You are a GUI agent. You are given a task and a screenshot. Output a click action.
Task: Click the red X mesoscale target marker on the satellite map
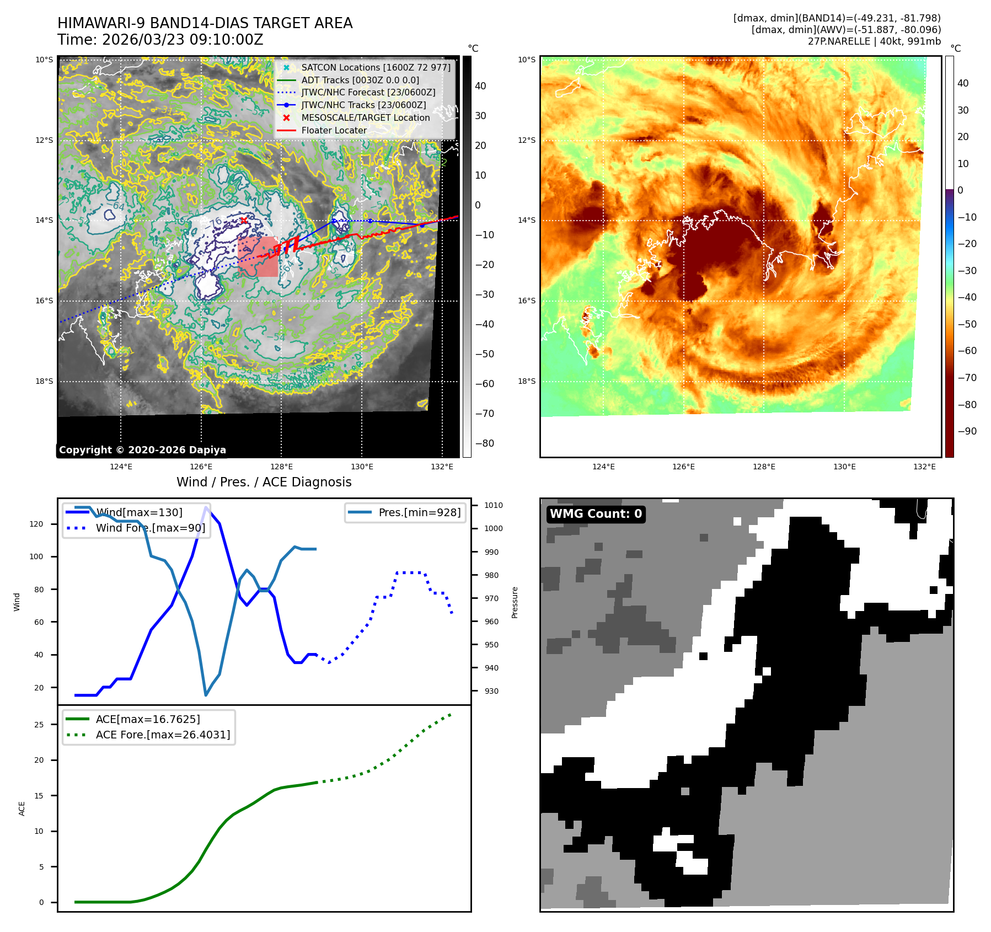pos(243,220)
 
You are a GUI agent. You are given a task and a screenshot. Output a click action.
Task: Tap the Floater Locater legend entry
pos(334,130)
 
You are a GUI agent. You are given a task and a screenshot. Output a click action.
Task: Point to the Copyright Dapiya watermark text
pos(142,450)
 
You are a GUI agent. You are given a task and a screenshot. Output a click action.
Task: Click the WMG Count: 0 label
pos(596,514)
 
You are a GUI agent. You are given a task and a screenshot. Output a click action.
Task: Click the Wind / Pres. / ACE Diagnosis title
pos(264,482)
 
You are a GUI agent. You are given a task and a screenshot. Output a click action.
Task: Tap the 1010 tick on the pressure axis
pos(494,505)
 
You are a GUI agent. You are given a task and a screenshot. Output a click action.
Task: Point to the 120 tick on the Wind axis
pos(36,524)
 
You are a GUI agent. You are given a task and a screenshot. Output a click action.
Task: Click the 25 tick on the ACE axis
pos(39,725)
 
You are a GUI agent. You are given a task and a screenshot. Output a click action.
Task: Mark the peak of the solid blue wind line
pos(206,507)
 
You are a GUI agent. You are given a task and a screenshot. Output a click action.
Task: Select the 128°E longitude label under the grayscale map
pos(281,467)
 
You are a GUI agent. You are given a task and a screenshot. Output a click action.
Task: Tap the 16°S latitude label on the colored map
pos(526,301)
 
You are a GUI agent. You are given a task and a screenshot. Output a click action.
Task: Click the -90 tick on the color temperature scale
pos(967,431)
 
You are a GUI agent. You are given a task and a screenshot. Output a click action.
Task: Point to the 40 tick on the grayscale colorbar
pos(480,86)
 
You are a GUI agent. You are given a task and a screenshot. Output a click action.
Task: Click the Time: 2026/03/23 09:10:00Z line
pos(160,40)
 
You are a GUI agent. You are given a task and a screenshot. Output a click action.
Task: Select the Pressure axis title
pos(515,602)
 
